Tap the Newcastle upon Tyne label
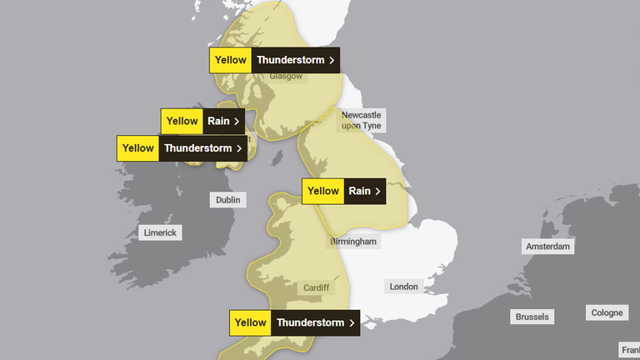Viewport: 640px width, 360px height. click(x=361, y=120)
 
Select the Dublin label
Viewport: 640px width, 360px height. click(x=227, y=200)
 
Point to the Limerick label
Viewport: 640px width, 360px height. click(x=159, y=232)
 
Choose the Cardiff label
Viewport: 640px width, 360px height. click(x=317, y=287)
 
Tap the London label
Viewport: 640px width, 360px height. click(x=403, y=287)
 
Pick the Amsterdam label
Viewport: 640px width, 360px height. click(x=547, y=247)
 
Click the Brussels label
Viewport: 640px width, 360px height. click(x=532, y=317)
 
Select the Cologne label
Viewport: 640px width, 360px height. click(x=607, y=312)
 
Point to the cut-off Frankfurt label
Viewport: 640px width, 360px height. click(x=629, y=349)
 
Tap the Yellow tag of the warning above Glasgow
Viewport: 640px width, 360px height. click(x=231, y=60)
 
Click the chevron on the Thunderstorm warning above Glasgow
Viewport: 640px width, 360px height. click(x=332, y=60)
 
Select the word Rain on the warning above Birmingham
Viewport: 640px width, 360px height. click(x=360, y=191)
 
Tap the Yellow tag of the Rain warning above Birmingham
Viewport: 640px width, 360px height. click(x=323, y=191)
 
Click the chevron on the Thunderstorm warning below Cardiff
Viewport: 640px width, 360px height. click(x=352, y=322)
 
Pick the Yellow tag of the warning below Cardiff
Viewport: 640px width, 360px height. click(x=250, y=322)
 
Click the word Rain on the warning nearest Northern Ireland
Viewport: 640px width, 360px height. click(x=218, y=121)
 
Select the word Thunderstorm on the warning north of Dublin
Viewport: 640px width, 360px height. click(x=197, y=148)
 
